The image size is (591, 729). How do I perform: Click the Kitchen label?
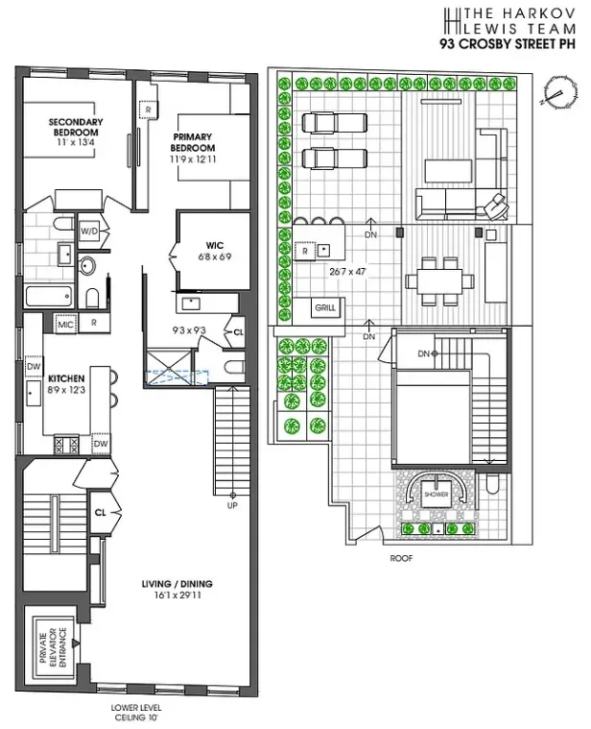(67, 379)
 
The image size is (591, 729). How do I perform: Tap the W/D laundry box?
(89, 231)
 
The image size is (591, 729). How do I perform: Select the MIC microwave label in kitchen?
(66, 323)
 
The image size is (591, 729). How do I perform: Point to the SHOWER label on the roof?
(437, 496)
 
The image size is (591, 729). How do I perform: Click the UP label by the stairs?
(231, 504)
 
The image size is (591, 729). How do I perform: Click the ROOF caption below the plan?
(400, 558)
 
